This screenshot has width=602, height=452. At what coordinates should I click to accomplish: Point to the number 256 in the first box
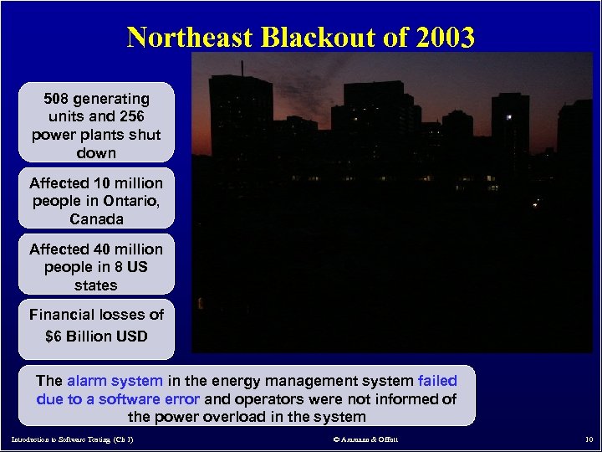[134, 117]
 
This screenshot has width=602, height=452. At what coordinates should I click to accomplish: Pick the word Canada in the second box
[96, 219]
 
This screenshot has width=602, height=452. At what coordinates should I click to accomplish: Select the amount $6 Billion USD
[96, 336]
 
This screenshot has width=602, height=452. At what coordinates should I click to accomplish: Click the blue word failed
[436, 380]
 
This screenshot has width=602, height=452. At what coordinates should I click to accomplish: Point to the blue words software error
[148, 398]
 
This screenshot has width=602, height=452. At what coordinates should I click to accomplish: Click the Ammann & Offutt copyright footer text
[365, 439]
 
